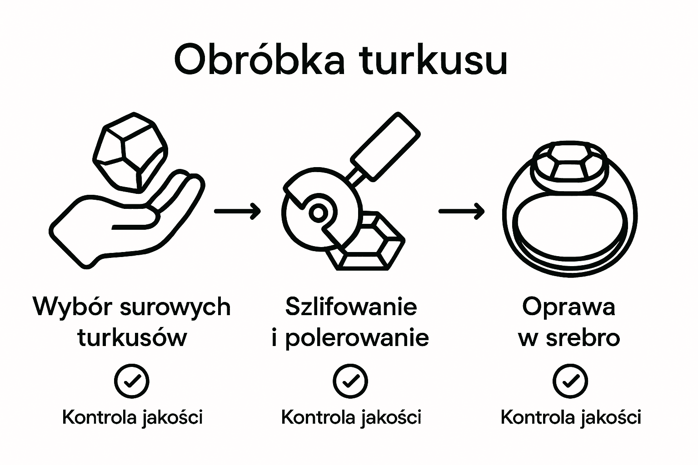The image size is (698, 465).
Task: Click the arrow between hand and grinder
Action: pyautogui.click(x=237, y=211)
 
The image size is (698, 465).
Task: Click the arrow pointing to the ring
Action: pyautogui.click(x=461, y=211)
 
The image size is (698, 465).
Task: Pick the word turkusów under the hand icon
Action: pyautogui.click(x=132, y=338)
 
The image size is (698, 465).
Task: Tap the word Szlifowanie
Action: pyautogui.click(x=351, y=307)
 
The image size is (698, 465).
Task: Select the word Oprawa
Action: pyautogui.click(x=568, y=307)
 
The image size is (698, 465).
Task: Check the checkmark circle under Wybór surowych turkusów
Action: pyautogui.click(x=132, y=381)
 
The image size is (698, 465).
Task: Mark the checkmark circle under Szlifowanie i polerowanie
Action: pyautogui.click(x=350, y=381)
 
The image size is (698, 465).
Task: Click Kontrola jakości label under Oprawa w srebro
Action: pyautogui.click(x=570, y=417)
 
